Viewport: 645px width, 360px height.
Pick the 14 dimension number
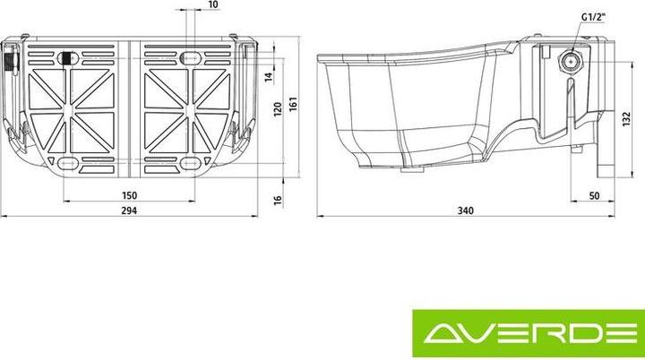267,78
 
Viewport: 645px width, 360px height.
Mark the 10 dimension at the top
212,5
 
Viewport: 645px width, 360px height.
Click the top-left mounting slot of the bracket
69,58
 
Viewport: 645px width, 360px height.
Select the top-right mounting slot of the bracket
190,58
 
